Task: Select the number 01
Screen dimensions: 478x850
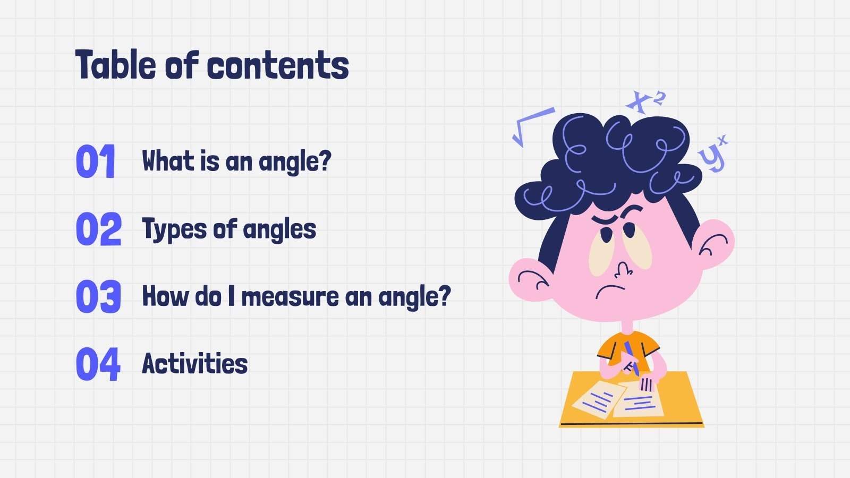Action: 96,161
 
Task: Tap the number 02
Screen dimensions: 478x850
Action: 99,229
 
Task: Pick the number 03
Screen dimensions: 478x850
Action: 99,296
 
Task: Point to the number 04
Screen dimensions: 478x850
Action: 98,364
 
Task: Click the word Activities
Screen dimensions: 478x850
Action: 195,364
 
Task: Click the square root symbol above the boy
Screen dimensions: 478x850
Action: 531,125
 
